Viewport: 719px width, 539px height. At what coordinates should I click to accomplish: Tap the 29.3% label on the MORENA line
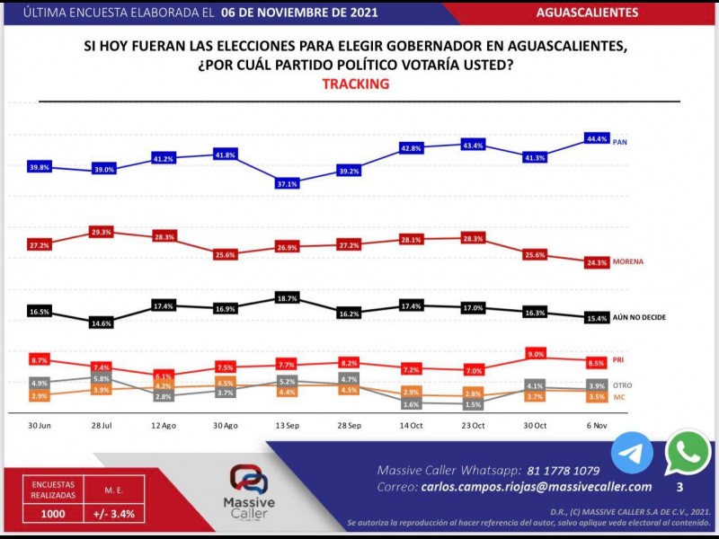pos(101,232)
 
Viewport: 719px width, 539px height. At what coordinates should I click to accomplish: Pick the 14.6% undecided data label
pos(101,323)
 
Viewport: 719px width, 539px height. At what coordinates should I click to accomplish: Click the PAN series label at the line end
pos(619,142)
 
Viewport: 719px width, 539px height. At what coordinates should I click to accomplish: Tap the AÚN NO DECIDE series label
pos(639,317)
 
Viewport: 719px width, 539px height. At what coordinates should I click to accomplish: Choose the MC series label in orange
pos(618,396)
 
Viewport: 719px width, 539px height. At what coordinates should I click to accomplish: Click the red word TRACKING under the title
pos(355,84)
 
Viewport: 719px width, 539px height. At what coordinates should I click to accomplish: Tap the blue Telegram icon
pos(632,454)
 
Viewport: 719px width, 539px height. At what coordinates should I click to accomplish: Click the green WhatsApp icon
pos(688,454)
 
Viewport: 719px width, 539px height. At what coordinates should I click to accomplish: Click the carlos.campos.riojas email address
pos(536,486)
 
